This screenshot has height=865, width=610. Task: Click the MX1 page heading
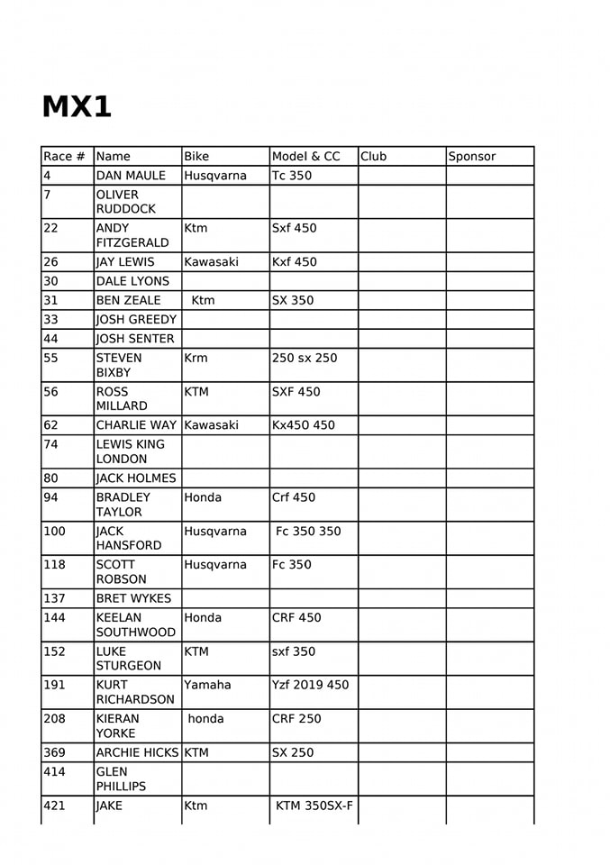click(x=77, y=107)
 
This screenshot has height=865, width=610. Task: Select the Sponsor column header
click(x=472, y=157)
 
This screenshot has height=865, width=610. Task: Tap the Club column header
click(x=373, y=157)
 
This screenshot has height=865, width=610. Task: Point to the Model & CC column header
click(x=305, y=157)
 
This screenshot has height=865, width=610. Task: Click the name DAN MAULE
click(x=131, y=176)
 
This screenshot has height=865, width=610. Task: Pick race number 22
click(x=50, y=229)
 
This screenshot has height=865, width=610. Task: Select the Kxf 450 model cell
click(x=294, y=262)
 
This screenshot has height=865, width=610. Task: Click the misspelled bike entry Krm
click(x=196, y=359)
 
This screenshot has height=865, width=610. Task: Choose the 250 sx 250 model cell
click(x=304, y=359)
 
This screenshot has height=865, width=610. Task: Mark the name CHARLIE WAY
click(x=136, y=425)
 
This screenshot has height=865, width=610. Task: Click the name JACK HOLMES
click(x=136, y=478)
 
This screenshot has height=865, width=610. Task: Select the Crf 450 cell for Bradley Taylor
click(x=293, y=497)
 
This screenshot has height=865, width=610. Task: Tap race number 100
click(x=54, y=532)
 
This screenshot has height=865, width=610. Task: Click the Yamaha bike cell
click(x=207, y=686)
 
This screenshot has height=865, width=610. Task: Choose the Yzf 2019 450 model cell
click(x=309, y=686)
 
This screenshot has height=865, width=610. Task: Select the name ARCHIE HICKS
click(x=138, y=752)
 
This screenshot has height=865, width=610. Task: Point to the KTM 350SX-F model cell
click(x=314, y=806)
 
